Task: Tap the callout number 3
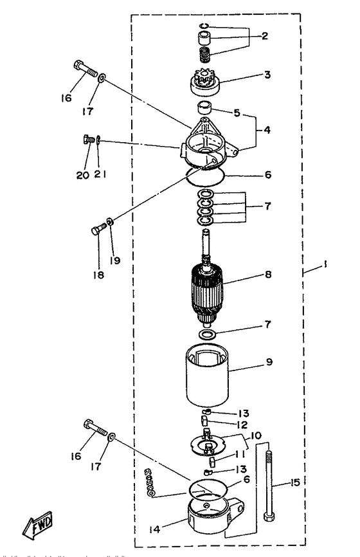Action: point(267,75)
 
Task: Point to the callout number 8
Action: point(267,274)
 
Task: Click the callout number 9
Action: point(269,362)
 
